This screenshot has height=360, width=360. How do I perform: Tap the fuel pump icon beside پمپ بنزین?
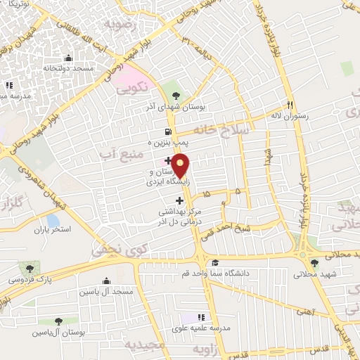[167, 131]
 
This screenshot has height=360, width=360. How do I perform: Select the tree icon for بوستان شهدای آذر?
[176, 96]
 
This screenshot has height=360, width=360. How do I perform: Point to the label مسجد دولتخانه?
[67, 68]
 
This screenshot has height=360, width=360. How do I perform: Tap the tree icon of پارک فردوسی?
[30, 268]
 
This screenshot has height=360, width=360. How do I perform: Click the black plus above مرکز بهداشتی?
[179, 201]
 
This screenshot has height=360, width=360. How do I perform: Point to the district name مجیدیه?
[144, 345]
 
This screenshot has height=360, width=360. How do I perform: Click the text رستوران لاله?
[288, 115]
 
